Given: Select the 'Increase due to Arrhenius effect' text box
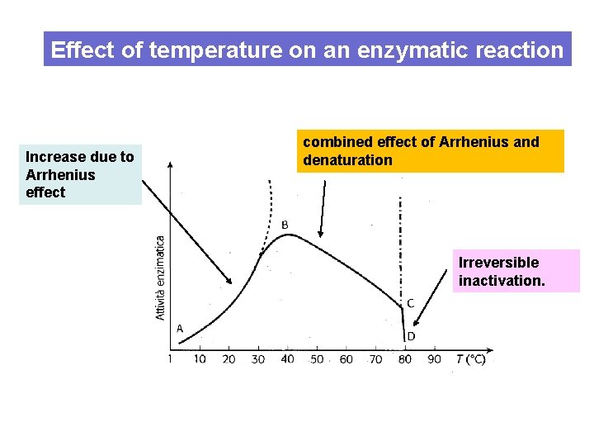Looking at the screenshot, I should coord(80,174).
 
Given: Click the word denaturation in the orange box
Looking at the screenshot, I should coord(347,160).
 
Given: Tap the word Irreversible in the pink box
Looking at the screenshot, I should coord(498,263).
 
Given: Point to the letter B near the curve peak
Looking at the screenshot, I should coord(285,225).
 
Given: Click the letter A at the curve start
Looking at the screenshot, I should coord(180,329).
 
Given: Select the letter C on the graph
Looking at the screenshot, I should coord(410,303).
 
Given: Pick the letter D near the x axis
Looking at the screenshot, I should coord(410,336).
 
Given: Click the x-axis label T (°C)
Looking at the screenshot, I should coord(470,359).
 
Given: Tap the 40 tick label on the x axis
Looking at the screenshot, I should coord(287,359).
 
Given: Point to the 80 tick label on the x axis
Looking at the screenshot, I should coord(404,359).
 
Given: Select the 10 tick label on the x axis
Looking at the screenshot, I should coord(200,359).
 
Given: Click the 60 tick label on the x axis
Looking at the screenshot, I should coord(346,359).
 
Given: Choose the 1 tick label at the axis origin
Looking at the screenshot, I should coord(170,359).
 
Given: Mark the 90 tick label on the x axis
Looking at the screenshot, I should coord(434,359).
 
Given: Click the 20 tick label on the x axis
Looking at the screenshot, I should coord(229,359).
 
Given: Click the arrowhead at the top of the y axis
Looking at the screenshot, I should coord(170,164).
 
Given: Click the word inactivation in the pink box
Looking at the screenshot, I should coord(502,281).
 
